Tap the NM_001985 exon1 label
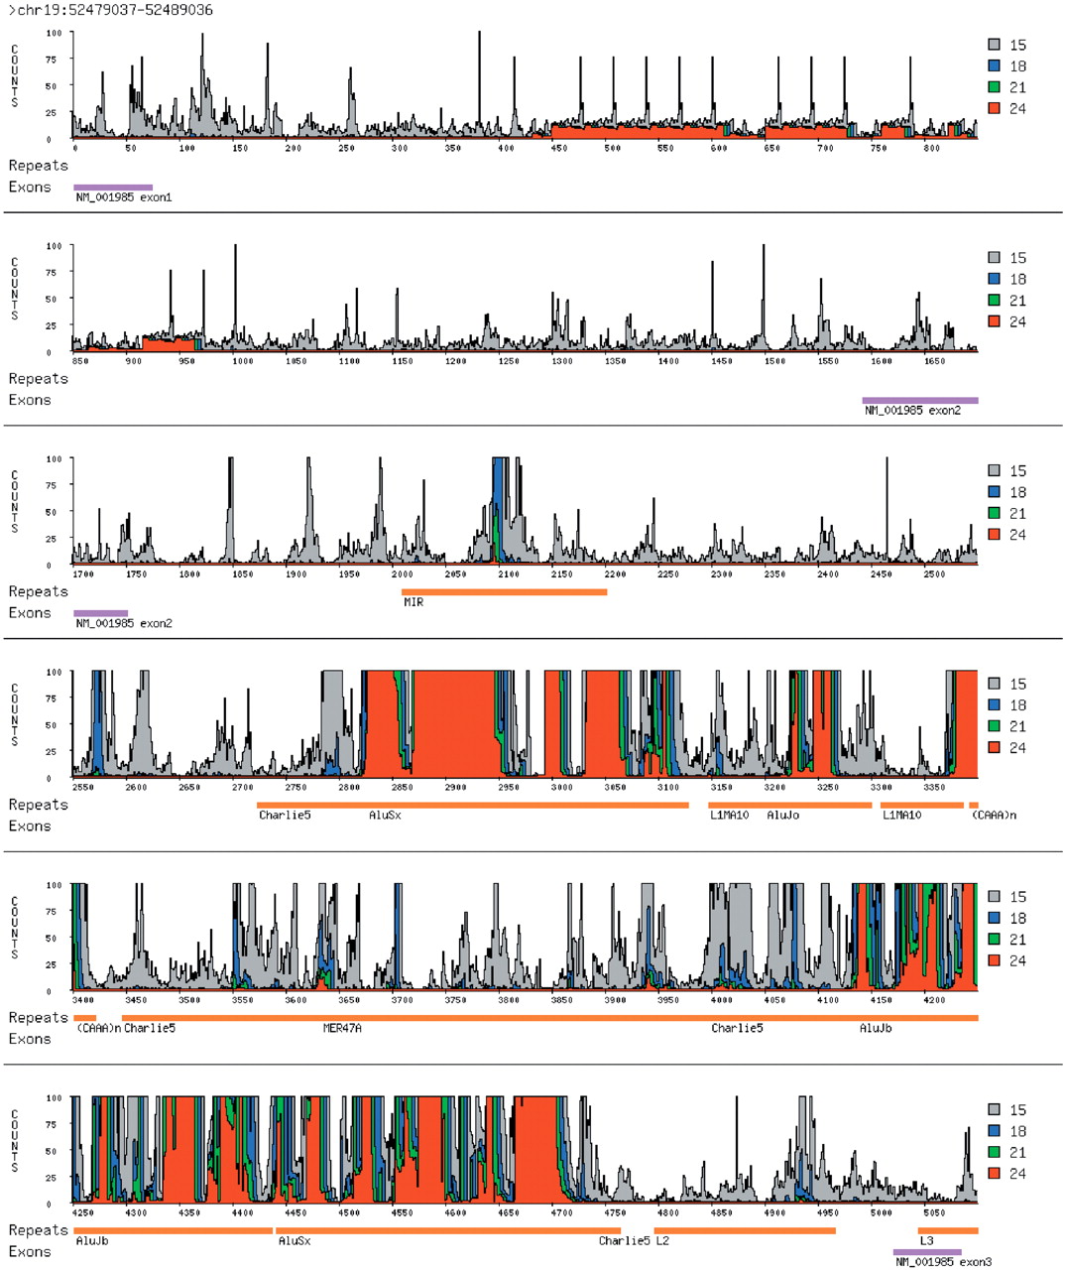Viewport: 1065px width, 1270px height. pyautogui.click(x=124, y=197)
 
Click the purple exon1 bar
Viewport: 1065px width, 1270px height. pyautogui.click(x=113, y=187)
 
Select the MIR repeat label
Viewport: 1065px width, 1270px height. pyautogui.click(x=413, y=602)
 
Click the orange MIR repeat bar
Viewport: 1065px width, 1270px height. pyautogui.click(x=504, y=592)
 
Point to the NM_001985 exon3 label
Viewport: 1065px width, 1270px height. pyautogui.click(x=943, y=1262)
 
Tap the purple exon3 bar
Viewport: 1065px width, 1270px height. pyautogui.click(x=927, y=1252)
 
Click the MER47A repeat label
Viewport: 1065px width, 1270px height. pyautogui.click(x=342, y=1028)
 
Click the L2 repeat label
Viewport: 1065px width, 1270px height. pyautogui.click(x=662, y=1240)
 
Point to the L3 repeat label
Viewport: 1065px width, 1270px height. pyautogui.click(x=926, y=1240)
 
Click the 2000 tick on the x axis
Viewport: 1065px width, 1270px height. pyautogui.click(x=403, y=574)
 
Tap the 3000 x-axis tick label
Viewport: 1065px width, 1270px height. pyautogui.click(x=561, y=787)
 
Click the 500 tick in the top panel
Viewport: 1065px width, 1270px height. pyautogui.click(x=613, y=149)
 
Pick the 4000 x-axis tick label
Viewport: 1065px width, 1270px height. pyautogui.click(x=722, y=1000)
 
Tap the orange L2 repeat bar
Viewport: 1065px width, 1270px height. pyautogui.click(x=745, y=1231)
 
